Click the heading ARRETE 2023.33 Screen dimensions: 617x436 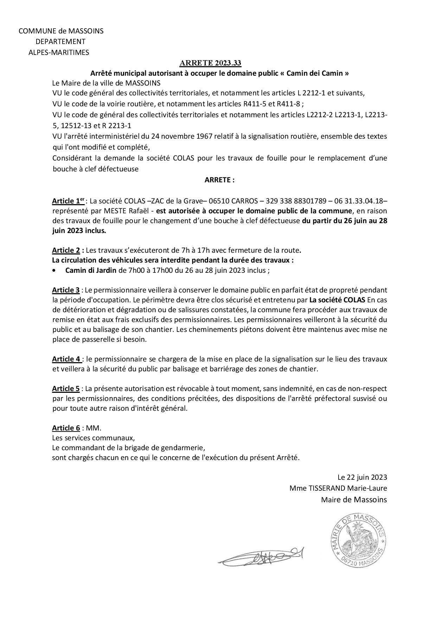click(x=210, y=63)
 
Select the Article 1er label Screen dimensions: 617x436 click(x=68, y=201)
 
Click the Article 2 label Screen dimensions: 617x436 click(x=66, y=251)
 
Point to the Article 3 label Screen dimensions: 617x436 click(x=66, y=290)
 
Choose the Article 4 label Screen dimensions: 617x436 click(x=66, y=359)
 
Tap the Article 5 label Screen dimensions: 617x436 click(x=66, y=389)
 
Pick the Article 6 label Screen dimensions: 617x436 click(x=66, y=428)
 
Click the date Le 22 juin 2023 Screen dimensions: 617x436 click(x=362, y=478)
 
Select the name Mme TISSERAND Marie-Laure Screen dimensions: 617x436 click(x=338, y=489)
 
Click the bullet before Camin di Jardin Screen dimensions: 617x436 click(x=54, y=271)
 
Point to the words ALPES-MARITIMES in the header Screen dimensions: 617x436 click(x=59, y=52)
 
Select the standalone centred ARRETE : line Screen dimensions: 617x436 click(x=219, y=180)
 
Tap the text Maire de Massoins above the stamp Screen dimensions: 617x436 click(x=354, y=499)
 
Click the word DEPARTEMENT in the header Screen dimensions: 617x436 click(x=60, y=42)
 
